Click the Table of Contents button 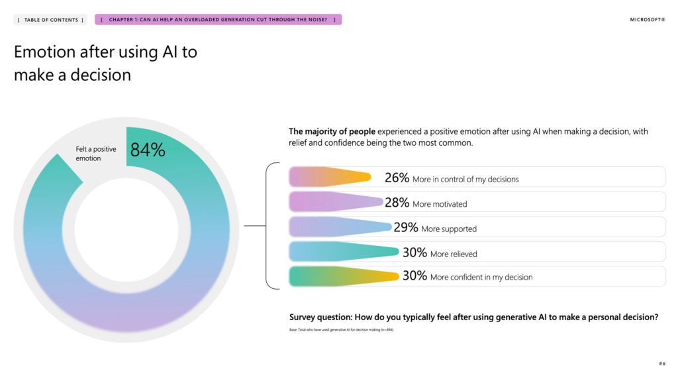coord(50,20)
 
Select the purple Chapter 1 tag coord(218,20)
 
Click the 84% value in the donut coord(147,150)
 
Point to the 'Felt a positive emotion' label coord(96,154)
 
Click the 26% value coord(397,178)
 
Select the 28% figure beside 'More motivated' coord(397,203)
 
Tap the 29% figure coord(405,227)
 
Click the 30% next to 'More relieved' coord(414,252)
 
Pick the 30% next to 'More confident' coord(414,276)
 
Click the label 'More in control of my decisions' coord(465,179)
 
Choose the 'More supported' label coord(449,229)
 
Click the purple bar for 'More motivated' coord(335,202)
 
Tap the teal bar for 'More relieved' coord(344,252)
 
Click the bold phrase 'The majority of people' coord(332,131)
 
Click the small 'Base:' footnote coord(341,329)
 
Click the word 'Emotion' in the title coord(50,52)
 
